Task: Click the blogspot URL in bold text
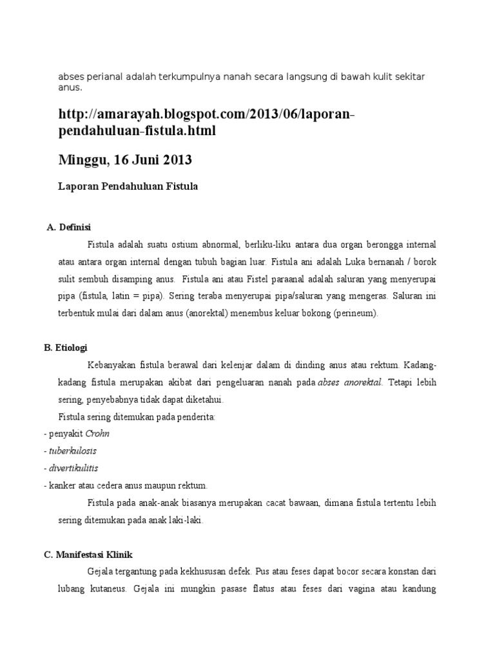tap(206, 122)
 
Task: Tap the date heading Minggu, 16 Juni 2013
tap(125, 159)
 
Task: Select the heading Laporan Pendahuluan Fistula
tap(128, 187)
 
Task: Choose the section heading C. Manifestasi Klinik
tap(88, 554)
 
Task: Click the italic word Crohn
tap(98, 434)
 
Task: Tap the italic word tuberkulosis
tap(73, 450)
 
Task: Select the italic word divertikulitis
tap(73, 467)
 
